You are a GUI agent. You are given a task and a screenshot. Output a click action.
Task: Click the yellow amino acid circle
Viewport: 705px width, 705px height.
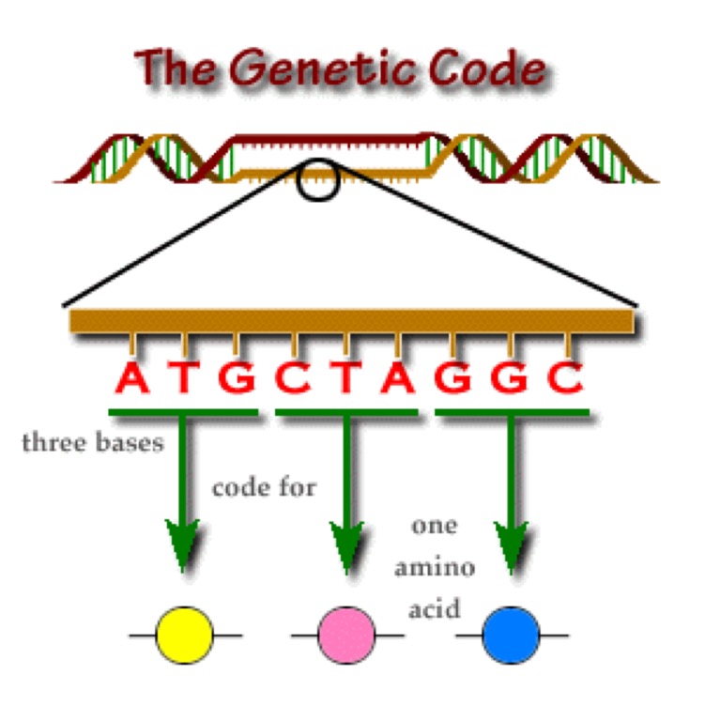pyautogui.click(x=185, y=636)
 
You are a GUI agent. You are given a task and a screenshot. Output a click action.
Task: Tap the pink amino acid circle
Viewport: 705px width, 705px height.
pyautogui.click(x=347, y=636)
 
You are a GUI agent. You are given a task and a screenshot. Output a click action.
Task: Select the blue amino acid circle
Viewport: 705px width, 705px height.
pyautogui.click(x=511, y=636)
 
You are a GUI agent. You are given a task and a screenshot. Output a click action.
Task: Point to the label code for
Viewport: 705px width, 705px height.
pyautogui.click(x=264, y=488)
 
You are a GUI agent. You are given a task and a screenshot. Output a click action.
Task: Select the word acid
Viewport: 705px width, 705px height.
pyautogui.click(x=434, y=608)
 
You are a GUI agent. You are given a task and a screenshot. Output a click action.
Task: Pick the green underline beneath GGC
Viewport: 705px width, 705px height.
pyautogui.click(x=512, y=411)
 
